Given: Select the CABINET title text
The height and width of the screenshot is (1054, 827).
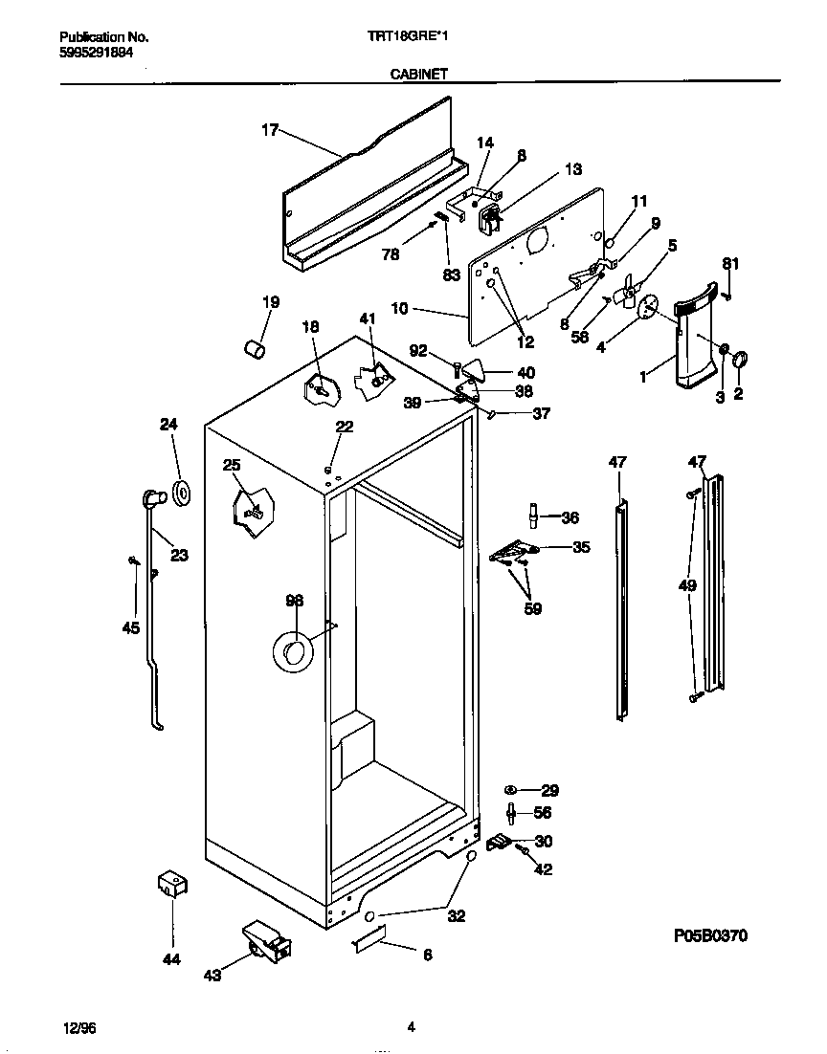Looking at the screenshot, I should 419,73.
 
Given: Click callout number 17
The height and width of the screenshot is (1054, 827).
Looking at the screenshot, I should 270,131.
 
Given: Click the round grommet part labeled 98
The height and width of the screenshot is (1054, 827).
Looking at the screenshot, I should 293,651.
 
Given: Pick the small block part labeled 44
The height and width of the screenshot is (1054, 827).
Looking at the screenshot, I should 172,885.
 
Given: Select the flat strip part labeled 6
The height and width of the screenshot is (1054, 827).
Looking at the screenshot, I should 369,940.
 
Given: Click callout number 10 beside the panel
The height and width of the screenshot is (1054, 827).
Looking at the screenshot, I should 399,308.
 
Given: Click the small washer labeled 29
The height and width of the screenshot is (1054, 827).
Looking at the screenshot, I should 511,790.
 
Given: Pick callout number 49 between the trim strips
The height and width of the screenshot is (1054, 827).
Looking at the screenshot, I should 685,585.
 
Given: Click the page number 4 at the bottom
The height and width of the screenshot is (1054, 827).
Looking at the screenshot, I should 411,1028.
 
